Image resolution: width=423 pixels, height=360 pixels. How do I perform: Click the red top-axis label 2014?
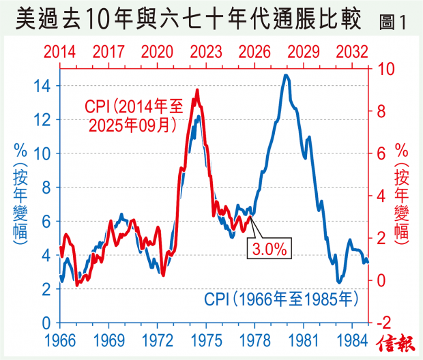click(60, 52)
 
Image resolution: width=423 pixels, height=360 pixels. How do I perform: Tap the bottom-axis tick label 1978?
click(255, 339)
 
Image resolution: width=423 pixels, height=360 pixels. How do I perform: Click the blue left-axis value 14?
click(44, 86)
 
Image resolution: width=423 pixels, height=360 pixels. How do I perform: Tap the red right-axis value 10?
click(386, 69)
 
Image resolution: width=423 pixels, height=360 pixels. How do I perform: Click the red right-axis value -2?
click(386, 322)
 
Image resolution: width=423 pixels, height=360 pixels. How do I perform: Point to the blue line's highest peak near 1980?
click(286, 76)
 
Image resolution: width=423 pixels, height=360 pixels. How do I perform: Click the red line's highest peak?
click(197, 90)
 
